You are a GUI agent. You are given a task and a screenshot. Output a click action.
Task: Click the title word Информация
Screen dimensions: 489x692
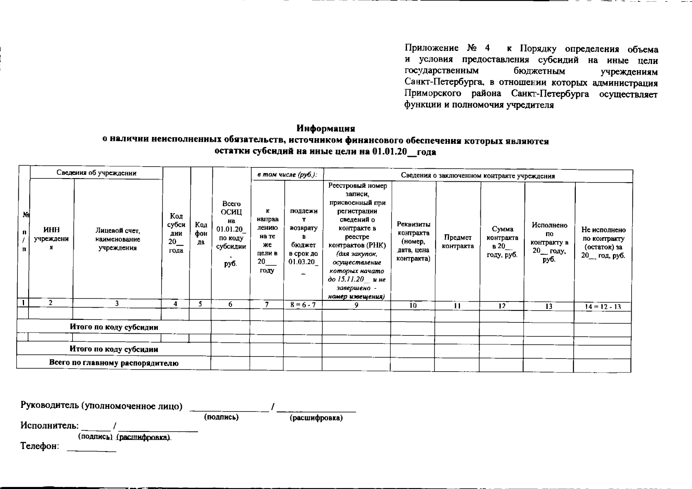[325, 128]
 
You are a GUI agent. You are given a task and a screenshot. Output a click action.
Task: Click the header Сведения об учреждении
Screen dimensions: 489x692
[96, 173]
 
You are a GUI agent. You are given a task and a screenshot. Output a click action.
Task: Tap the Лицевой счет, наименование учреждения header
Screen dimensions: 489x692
[117, 239]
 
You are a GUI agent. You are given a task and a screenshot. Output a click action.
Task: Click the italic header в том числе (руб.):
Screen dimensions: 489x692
[287, 175]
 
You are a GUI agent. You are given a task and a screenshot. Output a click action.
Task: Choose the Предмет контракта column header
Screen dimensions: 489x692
[458, 242]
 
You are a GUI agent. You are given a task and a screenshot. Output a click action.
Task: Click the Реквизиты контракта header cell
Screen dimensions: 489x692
[413, 241]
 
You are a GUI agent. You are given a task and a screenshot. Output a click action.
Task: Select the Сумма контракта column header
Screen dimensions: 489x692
[502, 242]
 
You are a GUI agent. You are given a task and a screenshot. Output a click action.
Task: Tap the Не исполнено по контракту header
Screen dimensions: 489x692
[603, 242]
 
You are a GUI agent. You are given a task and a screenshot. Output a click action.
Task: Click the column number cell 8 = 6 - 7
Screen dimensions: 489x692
[303, 305]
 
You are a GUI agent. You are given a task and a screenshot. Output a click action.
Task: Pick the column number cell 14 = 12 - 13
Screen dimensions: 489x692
[603, 306]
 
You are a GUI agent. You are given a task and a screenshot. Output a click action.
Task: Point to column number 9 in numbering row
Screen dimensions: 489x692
[356, 305]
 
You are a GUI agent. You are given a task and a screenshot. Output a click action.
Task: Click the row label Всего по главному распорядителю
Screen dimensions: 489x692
[114, 363]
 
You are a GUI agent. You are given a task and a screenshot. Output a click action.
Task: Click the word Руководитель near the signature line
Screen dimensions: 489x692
[50, 406]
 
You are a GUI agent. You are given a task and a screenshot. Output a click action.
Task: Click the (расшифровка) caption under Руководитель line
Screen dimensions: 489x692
[316, 418]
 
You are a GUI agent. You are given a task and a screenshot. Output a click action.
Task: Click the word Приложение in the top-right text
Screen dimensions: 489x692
[431, 49]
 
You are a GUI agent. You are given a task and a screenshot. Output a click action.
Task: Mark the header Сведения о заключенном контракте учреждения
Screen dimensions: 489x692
[478, 176]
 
